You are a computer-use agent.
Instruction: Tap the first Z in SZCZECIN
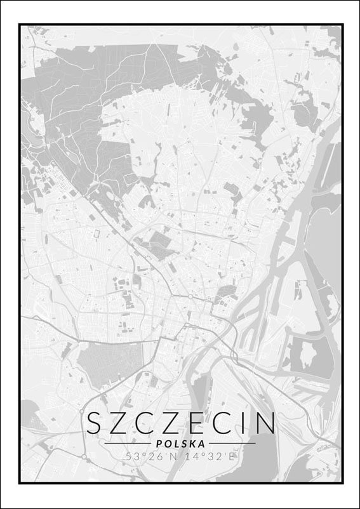click(120, 423)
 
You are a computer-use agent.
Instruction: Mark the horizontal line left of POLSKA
click(127, 443)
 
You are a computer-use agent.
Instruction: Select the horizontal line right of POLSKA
click(232, 443)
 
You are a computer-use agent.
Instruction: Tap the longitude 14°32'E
click(208, 456)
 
